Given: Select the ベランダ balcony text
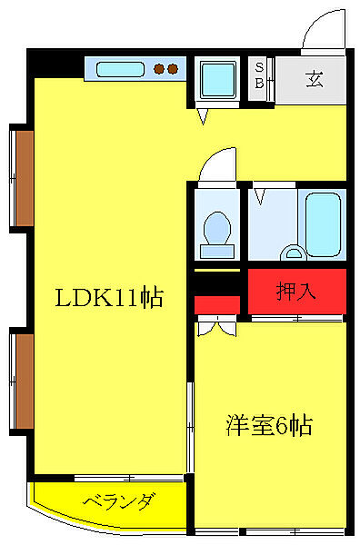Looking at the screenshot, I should click(119, 501).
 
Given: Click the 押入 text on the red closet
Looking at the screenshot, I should click(296, 292).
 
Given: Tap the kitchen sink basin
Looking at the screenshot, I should click(119, 68).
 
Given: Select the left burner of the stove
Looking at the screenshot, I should click(158, 68).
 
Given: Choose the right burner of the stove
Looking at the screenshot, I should click(172, 68).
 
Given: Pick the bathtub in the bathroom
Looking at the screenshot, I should click(322, 223).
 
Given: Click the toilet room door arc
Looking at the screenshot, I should click(215, 167).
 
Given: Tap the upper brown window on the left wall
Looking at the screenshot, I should click(21, 178).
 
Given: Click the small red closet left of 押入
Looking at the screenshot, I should click(217, 303).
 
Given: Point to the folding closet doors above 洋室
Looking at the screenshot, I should click(217, 324).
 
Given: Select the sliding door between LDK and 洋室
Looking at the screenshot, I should click(190, 427).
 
